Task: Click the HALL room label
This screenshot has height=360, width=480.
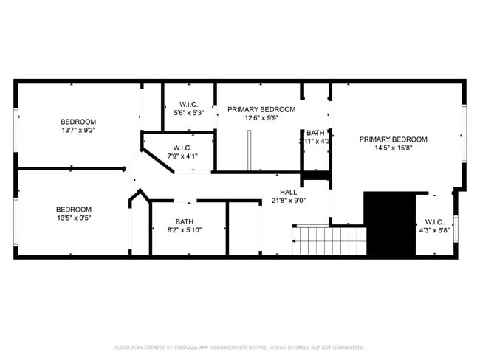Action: point(288,191)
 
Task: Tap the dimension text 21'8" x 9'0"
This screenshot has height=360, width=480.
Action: point(288,200)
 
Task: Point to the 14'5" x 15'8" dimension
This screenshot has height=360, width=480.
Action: point(393,148)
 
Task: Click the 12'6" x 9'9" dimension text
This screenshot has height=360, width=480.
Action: point(261,118)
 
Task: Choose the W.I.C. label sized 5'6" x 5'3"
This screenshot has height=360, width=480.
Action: point(188,104)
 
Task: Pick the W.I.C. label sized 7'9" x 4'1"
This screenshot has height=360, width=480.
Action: point(182,148)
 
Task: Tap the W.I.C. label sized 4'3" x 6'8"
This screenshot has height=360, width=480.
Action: point(433,222)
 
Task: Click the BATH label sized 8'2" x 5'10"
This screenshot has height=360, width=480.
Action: point(184,221)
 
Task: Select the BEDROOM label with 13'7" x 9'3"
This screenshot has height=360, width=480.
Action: point(78,122)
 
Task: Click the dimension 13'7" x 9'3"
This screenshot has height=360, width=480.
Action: point(78,131)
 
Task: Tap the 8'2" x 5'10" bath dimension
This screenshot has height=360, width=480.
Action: point(184,230)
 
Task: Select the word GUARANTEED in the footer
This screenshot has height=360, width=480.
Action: point(348,347)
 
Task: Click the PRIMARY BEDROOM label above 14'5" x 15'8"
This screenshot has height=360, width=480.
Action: point(393,139)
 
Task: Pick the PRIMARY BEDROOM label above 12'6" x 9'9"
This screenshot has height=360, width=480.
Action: point(261,109)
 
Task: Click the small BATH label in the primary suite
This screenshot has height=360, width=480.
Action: point(315,133)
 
